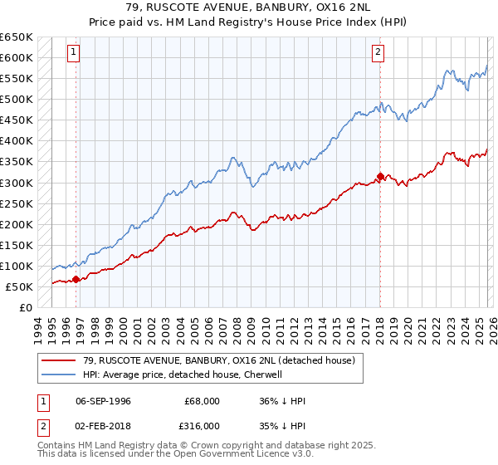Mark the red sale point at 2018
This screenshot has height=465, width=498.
click(380, 176)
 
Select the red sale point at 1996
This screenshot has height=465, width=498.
click(76, 279)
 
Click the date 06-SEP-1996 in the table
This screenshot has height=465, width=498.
click(103, 401)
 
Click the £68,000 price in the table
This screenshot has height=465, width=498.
click(202, 401)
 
